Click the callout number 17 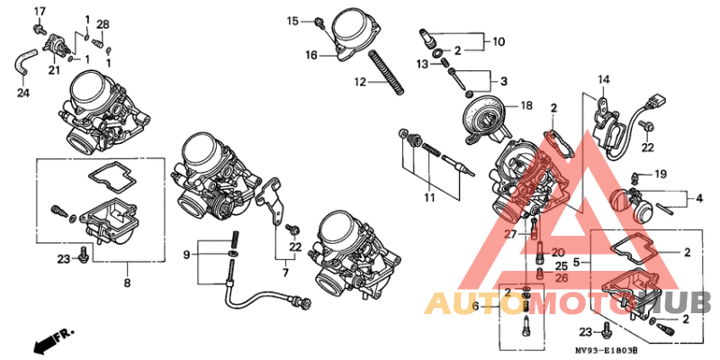click(39, 10)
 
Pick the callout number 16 click(310, 55)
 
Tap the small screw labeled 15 click(319, 20)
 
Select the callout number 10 click(499, 41)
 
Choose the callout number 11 click(429, 197)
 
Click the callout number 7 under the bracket click(286, 272)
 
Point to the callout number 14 click(602, 79)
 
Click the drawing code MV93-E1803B click(608, 349)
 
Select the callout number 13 click(422, 64)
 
